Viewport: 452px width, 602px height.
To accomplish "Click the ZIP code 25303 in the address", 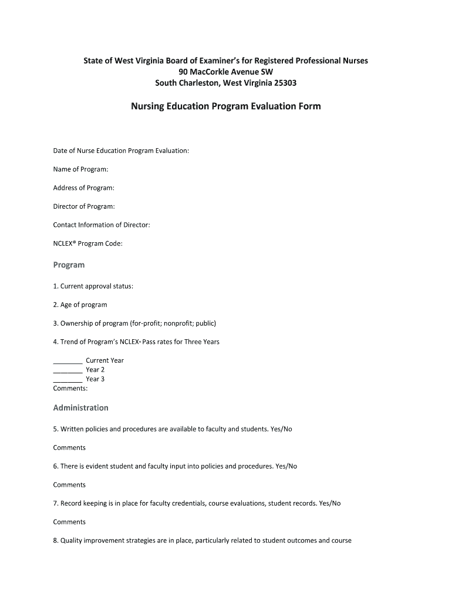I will (285, 83).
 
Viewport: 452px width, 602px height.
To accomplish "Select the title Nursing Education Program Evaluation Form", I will (226, 106).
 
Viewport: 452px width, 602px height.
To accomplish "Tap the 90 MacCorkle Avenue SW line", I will (226, 72).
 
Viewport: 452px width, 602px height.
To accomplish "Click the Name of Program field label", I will (80, 169).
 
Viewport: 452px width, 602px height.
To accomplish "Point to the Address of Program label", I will (83, 188).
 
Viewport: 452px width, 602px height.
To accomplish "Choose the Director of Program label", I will (84, 206).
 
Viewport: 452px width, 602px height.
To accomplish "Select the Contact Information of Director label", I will (102, 225).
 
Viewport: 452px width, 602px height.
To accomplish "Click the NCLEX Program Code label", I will (87, 243).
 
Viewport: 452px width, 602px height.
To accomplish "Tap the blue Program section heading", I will (69, 265).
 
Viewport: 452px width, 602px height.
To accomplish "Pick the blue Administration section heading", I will (80, 407).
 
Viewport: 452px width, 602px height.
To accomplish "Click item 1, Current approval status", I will (93, 286).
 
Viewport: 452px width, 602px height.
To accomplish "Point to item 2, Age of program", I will (80, 305).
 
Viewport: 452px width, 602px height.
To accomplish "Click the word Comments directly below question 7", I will (69, 522).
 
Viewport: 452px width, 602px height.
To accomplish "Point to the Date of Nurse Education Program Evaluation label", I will (121, 150).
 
